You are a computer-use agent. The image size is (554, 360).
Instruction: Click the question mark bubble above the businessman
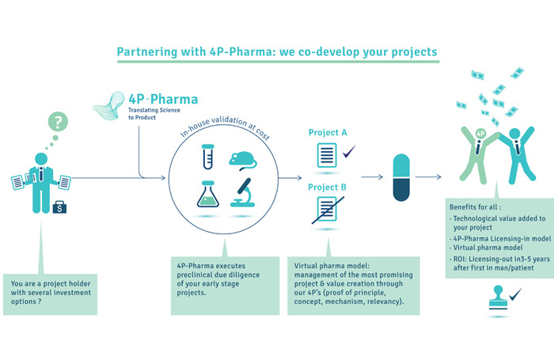click(x=56, y=122)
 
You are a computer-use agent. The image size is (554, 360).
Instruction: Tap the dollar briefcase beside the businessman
click(x=58, y=208)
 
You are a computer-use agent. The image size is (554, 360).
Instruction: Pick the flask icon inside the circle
click(x=207, y=197)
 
